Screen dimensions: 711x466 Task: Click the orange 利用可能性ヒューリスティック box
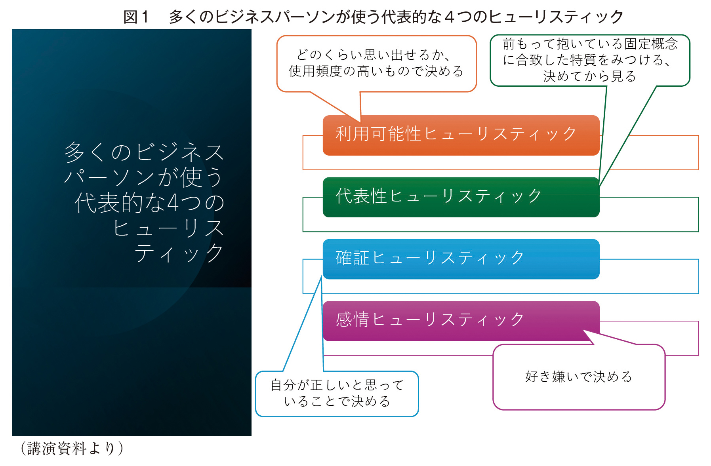coord(461,135)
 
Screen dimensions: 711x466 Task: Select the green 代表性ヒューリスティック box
coord(461,197)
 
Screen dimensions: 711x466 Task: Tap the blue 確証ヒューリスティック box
coord(461,259)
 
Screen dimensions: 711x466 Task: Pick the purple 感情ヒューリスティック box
coord(461,321)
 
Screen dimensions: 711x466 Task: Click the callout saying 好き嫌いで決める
coord(579,377)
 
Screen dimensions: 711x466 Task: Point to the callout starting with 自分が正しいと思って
coord(337,394)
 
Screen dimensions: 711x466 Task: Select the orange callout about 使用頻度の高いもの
coord(376,64)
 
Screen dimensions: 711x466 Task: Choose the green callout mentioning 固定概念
coord(590,60)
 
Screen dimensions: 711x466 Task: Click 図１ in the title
coord(136,17)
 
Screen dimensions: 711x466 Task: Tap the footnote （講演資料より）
coord(72,449)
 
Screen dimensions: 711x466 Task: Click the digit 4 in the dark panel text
coord(173,202)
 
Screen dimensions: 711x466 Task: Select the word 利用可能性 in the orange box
coord(378,134)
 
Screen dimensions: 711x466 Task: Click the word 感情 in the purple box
coord(353,319)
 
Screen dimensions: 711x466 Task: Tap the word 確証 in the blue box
coord(353,257)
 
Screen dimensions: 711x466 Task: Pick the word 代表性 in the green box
coord(361,196)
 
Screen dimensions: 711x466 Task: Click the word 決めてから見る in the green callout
coord(589,76)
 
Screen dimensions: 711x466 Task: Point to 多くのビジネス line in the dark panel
coord(144,152)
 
